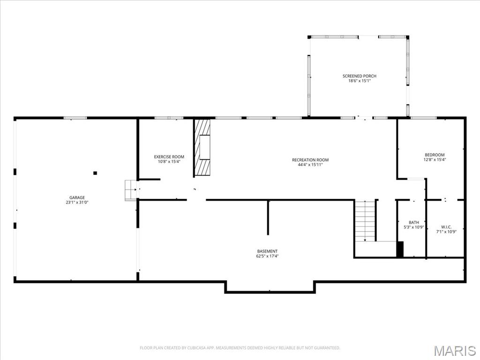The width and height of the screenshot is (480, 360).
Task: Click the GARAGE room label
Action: click(77, 197)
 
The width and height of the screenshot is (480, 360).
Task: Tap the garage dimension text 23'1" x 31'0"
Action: click(77, 202)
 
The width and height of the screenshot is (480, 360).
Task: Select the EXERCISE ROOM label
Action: click(169, 157)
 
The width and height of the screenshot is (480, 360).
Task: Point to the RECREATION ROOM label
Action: click(310, 160)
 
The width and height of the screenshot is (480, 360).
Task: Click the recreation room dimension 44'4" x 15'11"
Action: click(310, 165)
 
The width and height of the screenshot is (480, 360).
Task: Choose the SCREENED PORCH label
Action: click(359, 76)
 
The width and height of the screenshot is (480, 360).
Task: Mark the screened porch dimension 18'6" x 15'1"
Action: click(359, 81)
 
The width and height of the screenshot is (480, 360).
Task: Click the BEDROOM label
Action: click(435, 155)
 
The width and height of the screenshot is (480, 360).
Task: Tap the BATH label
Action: click(413, 222)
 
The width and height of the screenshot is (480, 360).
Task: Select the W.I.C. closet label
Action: click(446, 226)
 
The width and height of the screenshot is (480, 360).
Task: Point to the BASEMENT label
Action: click(267, 251)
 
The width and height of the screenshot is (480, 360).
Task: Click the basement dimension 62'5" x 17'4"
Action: click(267, 256)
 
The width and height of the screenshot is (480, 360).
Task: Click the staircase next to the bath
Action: click(365, 220)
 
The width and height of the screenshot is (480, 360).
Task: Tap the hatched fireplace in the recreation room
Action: click(203, 147)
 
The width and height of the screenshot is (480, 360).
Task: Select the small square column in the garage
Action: click(95, 173)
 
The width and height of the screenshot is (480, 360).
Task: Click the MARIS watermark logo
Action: click(454, 350)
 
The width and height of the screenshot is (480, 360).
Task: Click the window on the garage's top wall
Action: click(75, 118)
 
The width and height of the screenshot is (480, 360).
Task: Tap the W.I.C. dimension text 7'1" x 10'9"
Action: click(446, 231)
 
